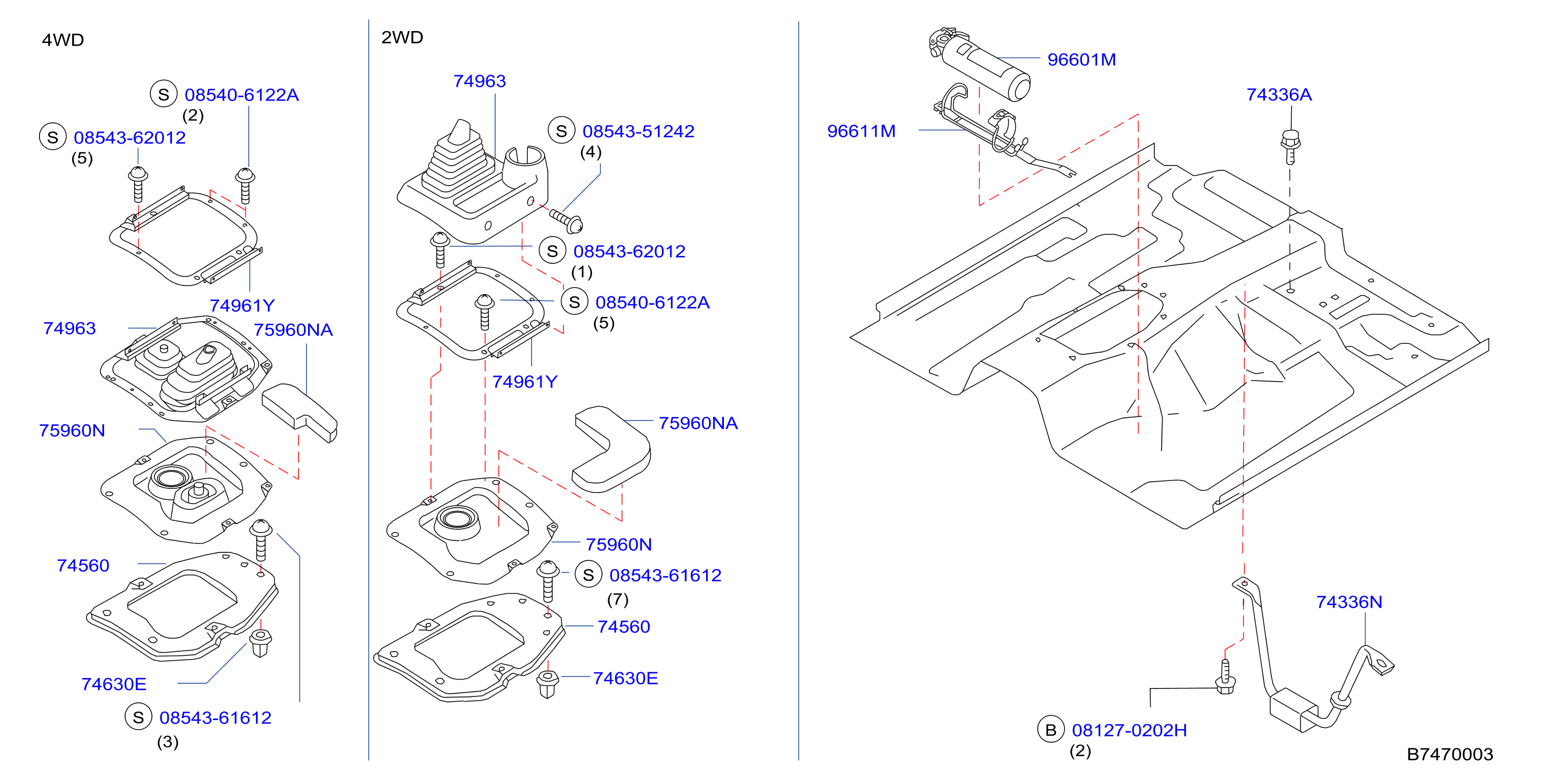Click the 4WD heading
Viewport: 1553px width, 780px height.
point(63,40)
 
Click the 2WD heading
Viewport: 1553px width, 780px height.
point(402,37)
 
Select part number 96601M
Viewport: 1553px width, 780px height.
point(1081,60)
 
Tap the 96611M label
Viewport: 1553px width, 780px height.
point(861,131)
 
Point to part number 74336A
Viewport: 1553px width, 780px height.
point(1279,95)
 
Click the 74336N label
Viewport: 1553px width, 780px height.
point(1348,602)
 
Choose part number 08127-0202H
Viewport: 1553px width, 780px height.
point(1129,730)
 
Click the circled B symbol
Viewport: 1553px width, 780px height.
point(1051,730)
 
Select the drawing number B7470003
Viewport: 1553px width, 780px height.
point(1450,754)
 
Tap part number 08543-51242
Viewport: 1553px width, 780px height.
point(638,131)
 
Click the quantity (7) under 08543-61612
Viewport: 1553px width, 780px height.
point(617,599)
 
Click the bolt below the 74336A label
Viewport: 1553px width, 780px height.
point(1290,147)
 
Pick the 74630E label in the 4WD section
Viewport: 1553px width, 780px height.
point(114,684)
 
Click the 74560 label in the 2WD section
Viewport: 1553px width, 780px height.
point(624,627)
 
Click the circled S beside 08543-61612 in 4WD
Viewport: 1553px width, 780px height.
point(139,717)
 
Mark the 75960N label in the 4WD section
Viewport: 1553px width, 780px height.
point(71,430)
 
